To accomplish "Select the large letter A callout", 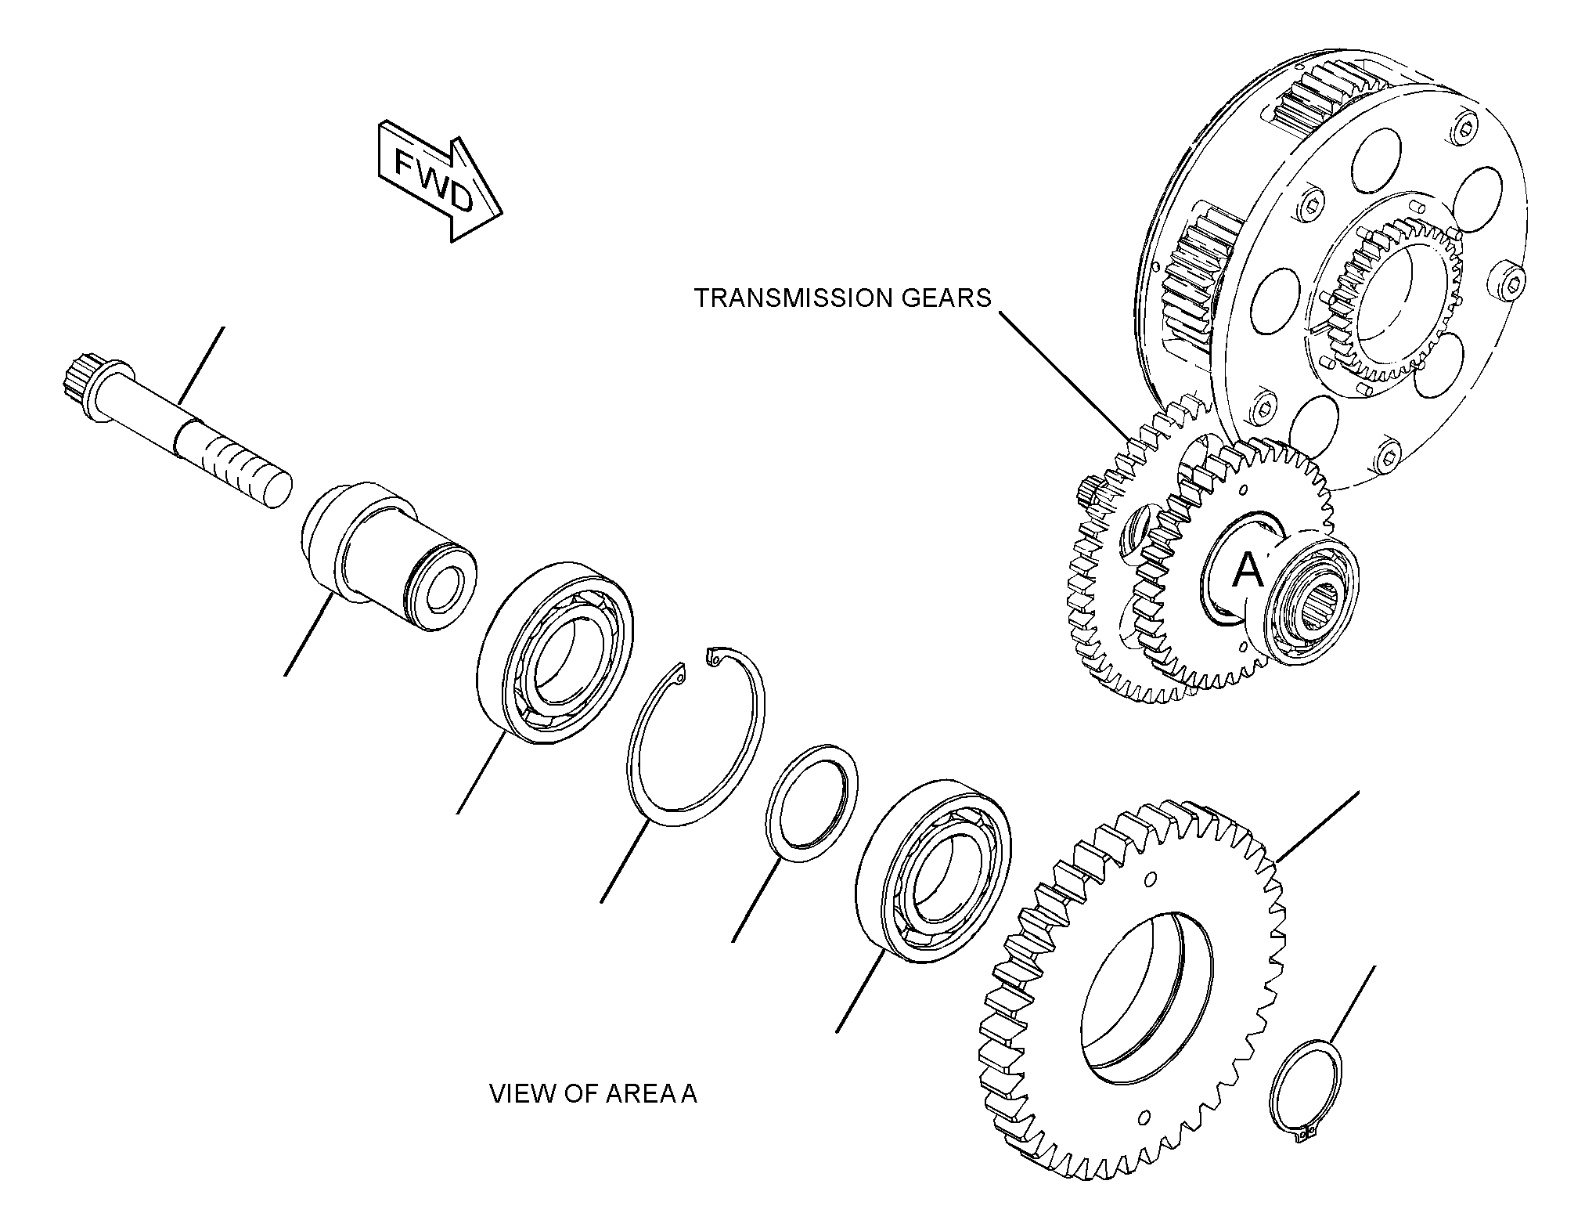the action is point(1248,569).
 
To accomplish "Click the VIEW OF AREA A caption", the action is point(593,1093).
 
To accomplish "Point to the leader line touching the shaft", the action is point(202,366).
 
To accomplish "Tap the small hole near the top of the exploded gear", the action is point(1150,879).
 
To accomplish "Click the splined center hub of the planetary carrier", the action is point(1385,301).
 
